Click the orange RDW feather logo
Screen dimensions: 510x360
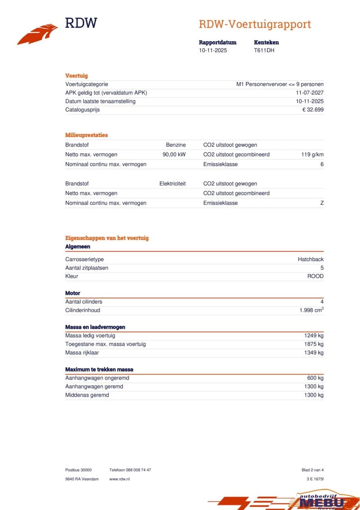click(x=37, y=34)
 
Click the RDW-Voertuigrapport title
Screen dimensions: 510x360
click(x=255, y=24)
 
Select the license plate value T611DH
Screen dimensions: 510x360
click(x=264, y=51)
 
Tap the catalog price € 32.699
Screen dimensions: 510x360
click(x=313, y=110)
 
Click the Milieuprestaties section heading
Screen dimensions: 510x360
click(x=86, y=135)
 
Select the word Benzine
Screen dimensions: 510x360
click(x=176, y=145)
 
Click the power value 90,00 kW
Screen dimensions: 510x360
click(x=174, y=155)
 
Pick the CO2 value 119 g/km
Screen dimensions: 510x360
click(x=312, y=155)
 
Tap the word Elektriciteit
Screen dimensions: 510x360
click(x=172, y=184)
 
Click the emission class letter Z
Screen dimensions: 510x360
click(x=322, y=203)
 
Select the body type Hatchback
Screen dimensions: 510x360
click(x=311, y=259)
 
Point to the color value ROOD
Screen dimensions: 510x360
click(x=315, y=277)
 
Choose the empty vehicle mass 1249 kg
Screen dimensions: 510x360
click(x=314, y=336)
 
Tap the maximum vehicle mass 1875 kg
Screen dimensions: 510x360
click(x=314, y=344)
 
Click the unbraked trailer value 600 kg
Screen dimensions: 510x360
click(x=315, y=378)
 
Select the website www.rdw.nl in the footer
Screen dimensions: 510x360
click(x=119, y=479)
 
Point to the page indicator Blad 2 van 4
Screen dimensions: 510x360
click(x=313, y=470)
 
